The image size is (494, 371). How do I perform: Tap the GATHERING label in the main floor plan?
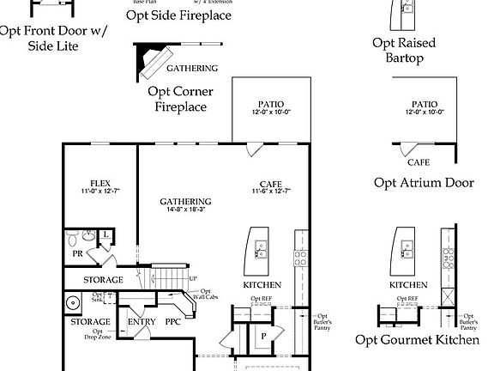click(185, 202)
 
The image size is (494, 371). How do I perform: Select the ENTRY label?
click(141, 322)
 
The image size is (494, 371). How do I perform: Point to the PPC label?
click(173, 322)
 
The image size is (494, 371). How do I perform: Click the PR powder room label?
click(77, 253)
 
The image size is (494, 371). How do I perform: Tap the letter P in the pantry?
click(263, 335)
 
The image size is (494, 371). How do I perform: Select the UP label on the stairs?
click(193, 278)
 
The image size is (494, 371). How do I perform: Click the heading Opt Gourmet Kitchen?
click(417, 341)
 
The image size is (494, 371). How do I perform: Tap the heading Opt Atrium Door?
click(424, 182)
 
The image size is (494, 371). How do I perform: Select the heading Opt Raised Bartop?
click(404, 51)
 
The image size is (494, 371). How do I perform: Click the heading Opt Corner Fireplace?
click(180, 99)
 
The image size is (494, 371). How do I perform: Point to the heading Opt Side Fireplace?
click(178, 15)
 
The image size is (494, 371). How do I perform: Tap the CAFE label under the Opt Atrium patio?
click(419, 162)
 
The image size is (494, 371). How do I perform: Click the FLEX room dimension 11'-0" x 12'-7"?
click(101, 192)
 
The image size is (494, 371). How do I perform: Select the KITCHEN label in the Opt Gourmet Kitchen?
click(409, 284)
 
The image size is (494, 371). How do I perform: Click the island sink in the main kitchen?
click(261, 250)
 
